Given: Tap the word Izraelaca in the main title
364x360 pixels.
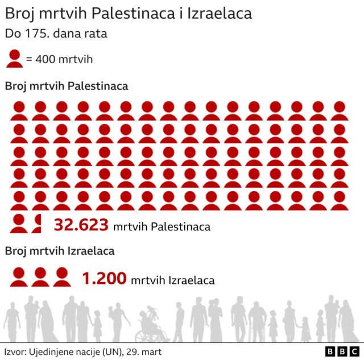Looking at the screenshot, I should pos(218,14).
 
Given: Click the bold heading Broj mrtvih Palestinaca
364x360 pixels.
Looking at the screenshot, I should pos(67,86).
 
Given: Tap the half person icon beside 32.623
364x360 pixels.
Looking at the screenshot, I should pos(38,224).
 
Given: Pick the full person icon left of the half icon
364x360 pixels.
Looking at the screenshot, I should pos(19,224).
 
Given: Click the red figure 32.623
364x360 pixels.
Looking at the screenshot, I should pos(81,225).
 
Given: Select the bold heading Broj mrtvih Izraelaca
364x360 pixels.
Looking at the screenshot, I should pos(60,251).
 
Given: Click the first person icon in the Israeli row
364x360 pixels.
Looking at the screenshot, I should pos(19,276).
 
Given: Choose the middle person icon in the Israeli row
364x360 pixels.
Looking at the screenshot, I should pos(40,276).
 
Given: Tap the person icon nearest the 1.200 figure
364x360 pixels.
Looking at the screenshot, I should pos(61,276).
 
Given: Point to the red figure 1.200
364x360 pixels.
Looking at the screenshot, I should pos(104,279).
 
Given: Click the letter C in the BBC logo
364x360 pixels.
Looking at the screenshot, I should pos(353,351).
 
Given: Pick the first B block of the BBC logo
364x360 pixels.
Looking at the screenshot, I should pos(330,351).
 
